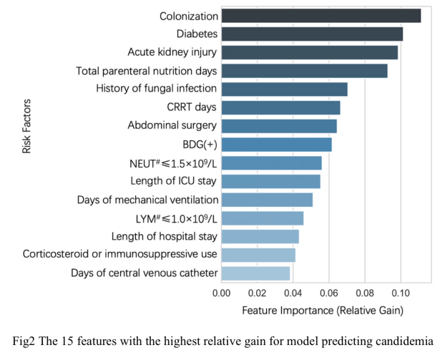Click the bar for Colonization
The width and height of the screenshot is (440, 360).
point(321,16)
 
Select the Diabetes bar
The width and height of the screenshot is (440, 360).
point(311,34)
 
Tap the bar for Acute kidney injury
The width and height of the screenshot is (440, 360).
point(309,52)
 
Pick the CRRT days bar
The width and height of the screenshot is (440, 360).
point(280,107)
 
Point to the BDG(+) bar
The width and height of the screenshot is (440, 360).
point(276,145)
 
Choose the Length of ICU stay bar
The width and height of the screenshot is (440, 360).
point(270,181)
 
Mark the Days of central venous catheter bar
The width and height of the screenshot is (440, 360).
point(255,273)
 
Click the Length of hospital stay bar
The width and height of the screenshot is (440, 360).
point(260,236)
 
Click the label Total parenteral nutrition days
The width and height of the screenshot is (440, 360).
point(147,71)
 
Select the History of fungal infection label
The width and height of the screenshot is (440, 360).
point(157,89)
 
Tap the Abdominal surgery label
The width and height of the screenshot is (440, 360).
point(172,126)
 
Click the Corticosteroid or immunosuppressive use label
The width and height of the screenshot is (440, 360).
point(120,255)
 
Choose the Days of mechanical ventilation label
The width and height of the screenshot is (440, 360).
point(147,200)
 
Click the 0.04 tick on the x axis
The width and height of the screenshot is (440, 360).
point(293,293)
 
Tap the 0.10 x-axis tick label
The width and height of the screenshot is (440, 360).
point(400,293)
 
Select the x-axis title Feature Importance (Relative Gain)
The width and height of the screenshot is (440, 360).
point(323,311)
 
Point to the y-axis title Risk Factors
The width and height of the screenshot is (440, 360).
point(26,126)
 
